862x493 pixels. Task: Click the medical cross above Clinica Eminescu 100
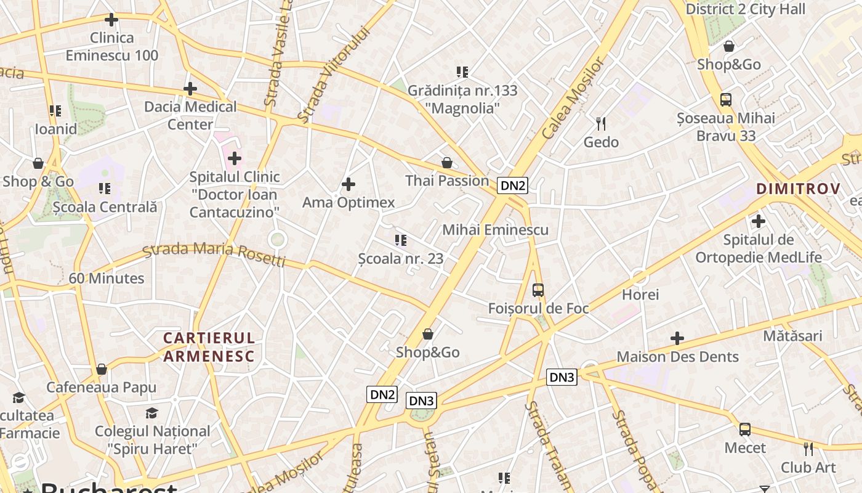click(x=111, y=20)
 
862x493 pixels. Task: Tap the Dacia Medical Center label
click(x=190, y=115)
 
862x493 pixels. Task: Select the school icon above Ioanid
click(x=55, y=111)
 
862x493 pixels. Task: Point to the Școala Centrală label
click(x=105, y=207)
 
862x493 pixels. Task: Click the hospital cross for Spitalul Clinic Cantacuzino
click(x=234, y=159)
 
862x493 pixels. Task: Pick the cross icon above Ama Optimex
click(x=348, y=184)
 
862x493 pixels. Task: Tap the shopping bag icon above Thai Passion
click(x=447, y=163)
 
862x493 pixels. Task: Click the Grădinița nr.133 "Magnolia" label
click(x=462, y=99)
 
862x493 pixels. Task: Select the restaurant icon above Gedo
click(x=601, y=124)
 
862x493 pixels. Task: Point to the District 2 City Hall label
click(x=745, y=9)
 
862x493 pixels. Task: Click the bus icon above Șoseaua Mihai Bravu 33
click(x=726, y=100)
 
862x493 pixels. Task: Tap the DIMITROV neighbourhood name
click(x=798, y=189)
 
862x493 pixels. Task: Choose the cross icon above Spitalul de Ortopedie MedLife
click(x=759, y=221)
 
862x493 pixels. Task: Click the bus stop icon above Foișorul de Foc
click(x=538, y=290)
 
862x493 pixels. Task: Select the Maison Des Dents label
click(x=677, y=357)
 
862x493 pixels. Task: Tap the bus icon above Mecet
click(x=745, y=430)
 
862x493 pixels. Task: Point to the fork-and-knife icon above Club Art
click(x=808, y=449)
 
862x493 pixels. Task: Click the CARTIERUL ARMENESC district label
click(x=209, y=347)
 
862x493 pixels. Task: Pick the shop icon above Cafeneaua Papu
click(x=102, y=369)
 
